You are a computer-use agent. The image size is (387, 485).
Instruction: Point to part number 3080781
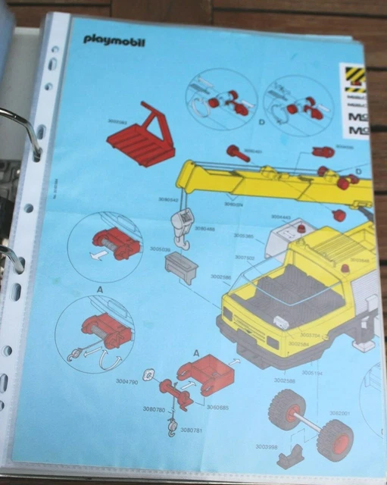192,430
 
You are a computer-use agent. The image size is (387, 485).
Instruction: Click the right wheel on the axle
334,440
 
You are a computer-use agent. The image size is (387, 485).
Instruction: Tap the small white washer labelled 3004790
148,372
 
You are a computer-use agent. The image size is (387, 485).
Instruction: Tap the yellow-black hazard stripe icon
354,76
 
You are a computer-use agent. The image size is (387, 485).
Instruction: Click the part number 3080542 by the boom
169,200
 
